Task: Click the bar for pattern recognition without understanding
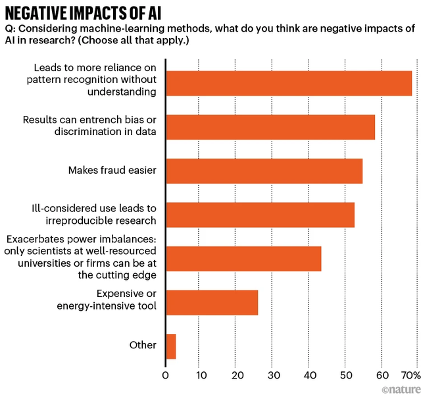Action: tap(289, 83)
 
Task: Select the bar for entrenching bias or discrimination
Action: tap(270, 126)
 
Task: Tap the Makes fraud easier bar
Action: tap(264, 171)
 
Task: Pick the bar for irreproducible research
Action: tap(260, 214)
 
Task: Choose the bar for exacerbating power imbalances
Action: tap(243, 258)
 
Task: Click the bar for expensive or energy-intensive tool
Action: tap(212, 302)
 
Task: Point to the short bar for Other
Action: tap(171, 346)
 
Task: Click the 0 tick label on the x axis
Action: tap(166, 376)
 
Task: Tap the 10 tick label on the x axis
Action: tap(201, 376)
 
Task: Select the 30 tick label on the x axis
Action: tap(273, 376)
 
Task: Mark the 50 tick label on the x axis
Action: tap(345, 376)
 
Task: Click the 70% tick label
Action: tap(410, 376)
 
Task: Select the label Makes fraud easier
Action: tap(112, 171)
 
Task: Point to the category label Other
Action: tap(143, 345)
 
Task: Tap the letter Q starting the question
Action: tap(9, 30)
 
